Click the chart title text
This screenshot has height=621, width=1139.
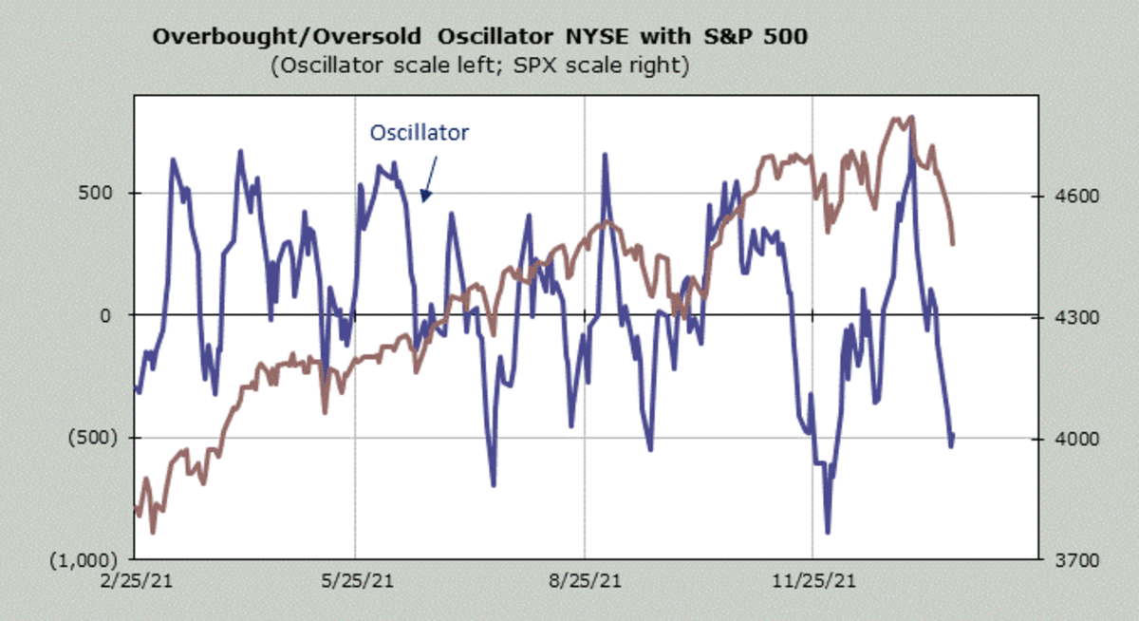(479, 38)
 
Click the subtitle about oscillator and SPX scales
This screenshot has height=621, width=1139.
(479, 66)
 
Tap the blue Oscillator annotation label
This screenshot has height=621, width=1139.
(419, 133)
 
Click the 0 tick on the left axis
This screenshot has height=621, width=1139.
(119, 315)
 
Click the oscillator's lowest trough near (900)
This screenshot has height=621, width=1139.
(829, 532)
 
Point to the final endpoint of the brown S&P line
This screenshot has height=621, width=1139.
(953, 243)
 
